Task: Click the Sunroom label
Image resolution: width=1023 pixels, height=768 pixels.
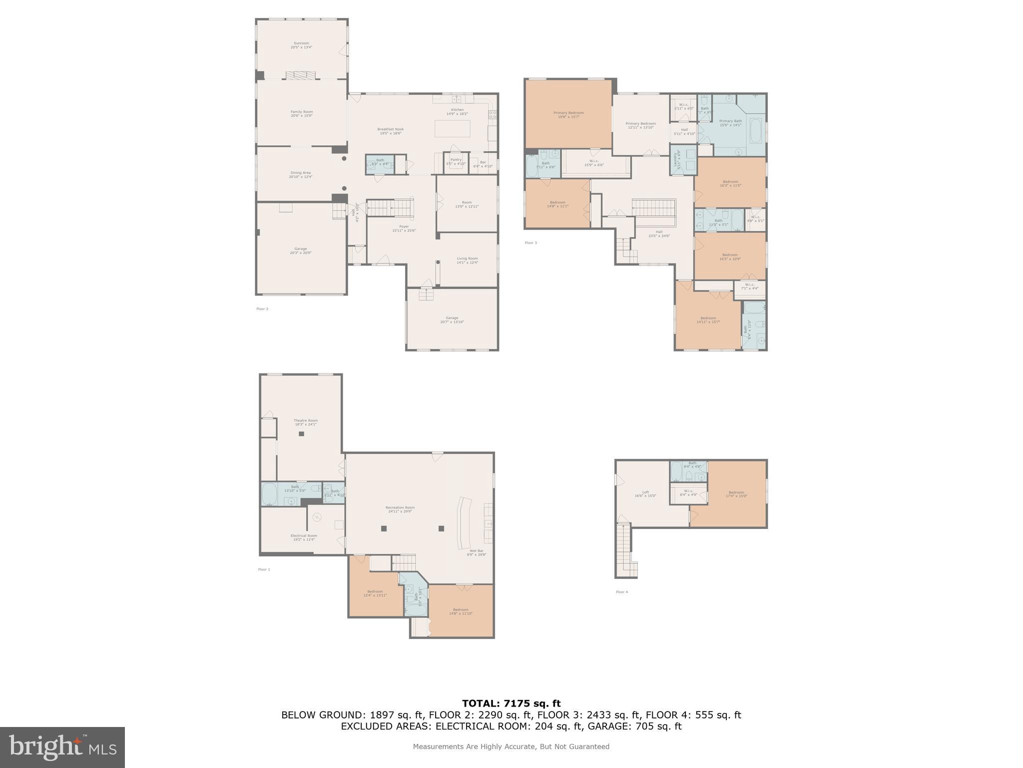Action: (301, 43)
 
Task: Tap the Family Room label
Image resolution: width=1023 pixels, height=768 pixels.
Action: (301, 112)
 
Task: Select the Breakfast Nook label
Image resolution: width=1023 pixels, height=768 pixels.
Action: (390, 129)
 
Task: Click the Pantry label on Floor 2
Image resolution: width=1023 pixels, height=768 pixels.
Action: (456, 160)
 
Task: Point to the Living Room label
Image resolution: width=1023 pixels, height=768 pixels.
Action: (467, 259)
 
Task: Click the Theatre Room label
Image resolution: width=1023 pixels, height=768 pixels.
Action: (305, 421)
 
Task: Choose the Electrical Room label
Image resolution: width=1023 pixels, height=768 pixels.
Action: (304, 536)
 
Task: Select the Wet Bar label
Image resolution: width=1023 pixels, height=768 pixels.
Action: (476, 551)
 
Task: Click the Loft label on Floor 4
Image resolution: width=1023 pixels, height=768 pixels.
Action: (645, 492)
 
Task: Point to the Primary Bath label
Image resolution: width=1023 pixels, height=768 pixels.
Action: (730, 121)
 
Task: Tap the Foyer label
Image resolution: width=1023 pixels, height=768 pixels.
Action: (404, 227)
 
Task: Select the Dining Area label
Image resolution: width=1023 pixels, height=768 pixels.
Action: (300, 173)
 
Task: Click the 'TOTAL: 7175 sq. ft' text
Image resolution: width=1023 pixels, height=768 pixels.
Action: (511, 704)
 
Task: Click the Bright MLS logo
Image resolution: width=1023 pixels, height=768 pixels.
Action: (62, 747)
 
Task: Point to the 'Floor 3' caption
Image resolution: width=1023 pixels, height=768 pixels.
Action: (530, 243)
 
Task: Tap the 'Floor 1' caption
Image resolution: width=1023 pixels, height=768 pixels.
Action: (264, 569)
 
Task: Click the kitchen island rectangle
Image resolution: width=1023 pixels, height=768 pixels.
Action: (453, 128)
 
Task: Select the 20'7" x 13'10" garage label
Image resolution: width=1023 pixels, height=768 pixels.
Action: (452, 320)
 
